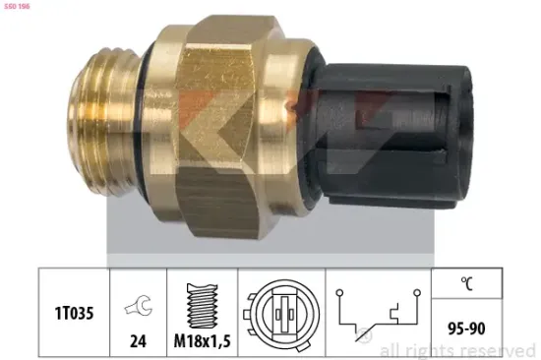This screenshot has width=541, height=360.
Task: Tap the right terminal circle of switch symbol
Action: pyautogui.click(x=418, y=291)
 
